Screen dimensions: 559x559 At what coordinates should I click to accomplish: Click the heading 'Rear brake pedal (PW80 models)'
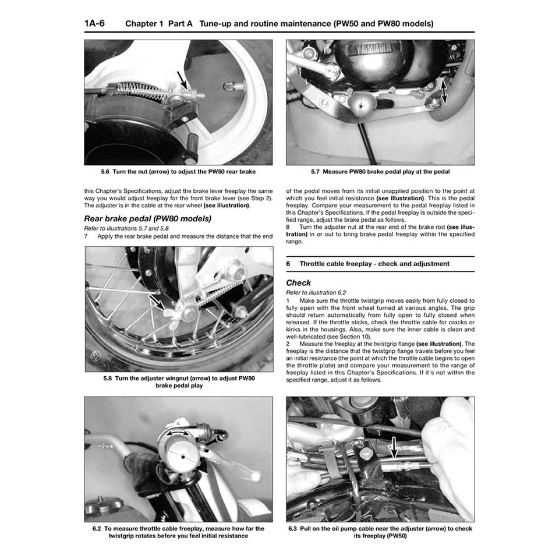pos(148,218)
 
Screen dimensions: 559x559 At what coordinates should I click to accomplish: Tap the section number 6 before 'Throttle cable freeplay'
pos(288,264)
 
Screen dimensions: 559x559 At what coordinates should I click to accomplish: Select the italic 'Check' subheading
pos(298,282)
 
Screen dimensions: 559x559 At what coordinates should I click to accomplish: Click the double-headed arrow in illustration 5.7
pos(444,92)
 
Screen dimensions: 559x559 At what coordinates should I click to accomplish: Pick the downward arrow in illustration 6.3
pos(394,448)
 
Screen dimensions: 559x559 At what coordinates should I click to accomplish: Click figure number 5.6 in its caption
pos(105,172)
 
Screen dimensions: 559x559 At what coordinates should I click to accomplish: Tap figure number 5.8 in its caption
pos(107,378)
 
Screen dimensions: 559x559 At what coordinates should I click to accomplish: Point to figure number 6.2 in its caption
pos(97,529)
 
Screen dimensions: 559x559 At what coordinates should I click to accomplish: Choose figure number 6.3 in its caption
pos(293,529)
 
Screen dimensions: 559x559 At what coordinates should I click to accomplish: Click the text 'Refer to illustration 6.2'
pos(316,292)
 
